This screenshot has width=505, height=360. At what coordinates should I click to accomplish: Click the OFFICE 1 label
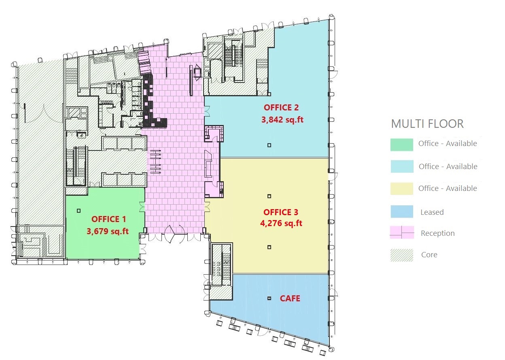pyautogui.click(x=109, y=219)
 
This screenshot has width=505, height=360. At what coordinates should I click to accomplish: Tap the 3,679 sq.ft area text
pyautogui.click(x=108, y=231)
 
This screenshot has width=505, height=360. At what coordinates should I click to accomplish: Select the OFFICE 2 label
pyautogui.click(x=281, y=108)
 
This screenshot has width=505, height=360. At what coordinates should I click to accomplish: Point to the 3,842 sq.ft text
pyautogui.click(x=282, y=119)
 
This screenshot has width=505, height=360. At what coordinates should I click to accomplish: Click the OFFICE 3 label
pyautogui.click(x=281, y=212)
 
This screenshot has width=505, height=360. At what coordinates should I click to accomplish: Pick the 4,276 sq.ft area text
pyautogui.click(x=281, y=223)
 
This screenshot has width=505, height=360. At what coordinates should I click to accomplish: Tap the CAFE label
pyautogui.click(x=290, y=299)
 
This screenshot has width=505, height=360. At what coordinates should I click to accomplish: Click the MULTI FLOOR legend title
pyautogui.click(x=427, y=124)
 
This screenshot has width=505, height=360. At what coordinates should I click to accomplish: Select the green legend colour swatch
pyautogui.click(x=402, y=144)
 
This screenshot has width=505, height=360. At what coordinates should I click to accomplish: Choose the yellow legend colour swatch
pyautogui.click(x=402, y=188)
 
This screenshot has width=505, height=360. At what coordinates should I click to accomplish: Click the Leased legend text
pyautogui.click(x=432, y=212)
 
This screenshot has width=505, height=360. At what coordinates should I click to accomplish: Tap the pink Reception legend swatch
pyautogui.click(x=402, y=233)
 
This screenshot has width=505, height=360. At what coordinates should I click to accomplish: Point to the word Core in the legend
pyautogui.click(x=429, y=255)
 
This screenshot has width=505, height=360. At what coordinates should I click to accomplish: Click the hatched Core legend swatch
pyautogui.click(x=402, y=255)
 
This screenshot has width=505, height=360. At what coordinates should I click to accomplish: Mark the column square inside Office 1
pyautogui.click(x=79, y=211)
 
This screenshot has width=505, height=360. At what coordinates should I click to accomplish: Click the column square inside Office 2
pyautogui.click(x=269, y=145)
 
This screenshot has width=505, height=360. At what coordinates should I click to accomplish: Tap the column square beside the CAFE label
pyautogui.click(x=269, y=298)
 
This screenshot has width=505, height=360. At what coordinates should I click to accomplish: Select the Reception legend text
pyautogui.click(x=437, y=233)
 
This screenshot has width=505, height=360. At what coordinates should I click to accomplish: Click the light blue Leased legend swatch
pyautogui.click(x=402, y=212)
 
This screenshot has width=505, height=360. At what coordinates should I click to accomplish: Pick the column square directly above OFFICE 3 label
pyautogui.click(x=269, y=196)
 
